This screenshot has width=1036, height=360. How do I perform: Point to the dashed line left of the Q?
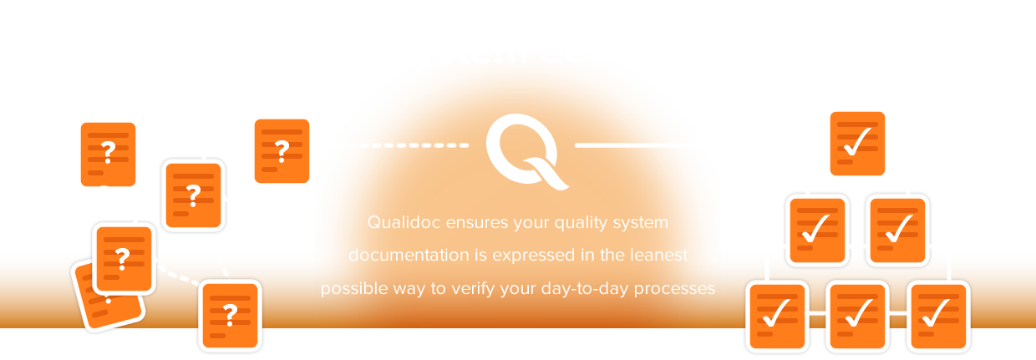408,145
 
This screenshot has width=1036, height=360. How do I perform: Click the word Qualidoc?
404,223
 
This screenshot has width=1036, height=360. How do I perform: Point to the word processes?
674,289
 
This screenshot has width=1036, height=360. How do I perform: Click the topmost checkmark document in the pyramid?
857,144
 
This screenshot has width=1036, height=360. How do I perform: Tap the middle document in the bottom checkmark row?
857,317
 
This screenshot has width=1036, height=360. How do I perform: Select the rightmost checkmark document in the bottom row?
938,317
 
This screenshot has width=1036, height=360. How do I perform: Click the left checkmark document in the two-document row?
817,231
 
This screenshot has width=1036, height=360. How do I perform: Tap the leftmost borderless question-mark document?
109,155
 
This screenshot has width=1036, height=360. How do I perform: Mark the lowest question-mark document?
231,316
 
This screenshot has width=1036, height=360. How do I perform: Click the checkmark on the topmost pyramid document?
856,141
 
